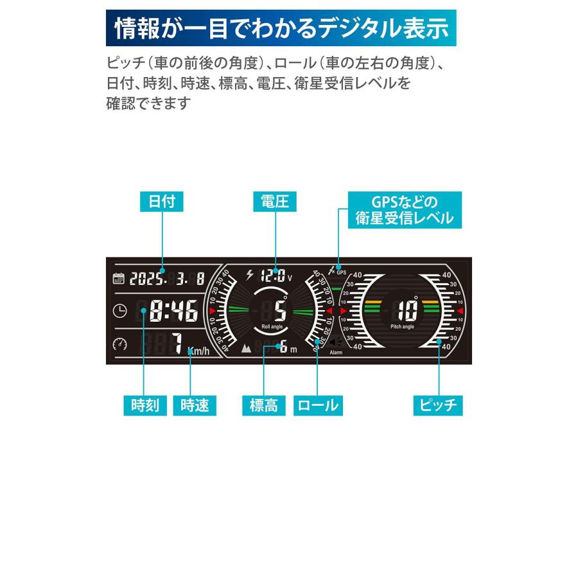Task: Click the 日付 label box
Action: click(x=161, y=202)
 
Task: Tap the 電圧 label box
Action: click(x=275, y=202)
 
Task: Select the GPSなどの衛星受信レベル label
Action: click(x=404, y=208)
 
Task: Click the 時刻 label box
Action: click(x=145, y=405)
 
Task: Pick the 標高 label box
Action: click(x=264, y=405)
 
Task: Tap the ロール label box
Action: click(x=317, y=405)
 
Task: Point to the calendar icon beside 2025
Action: click(x=119, y=279)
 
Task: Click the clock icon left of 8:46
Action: click(x=119, y=311)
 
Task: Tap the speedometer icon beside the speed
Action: click(x=119, y=344)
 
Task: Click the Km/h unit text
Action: click(x=198, y=351)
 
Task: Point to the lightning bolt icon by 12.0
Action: click(x=250, y=276)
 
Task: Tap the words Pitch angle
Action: click(x=403, y=327)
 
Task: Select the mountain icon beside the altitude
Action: click(x=247, y=349)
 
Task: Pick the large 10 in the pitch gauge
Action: click(x=407, y=310)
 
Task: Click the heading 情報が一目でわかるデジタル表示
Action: click(x=281, y=28)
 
